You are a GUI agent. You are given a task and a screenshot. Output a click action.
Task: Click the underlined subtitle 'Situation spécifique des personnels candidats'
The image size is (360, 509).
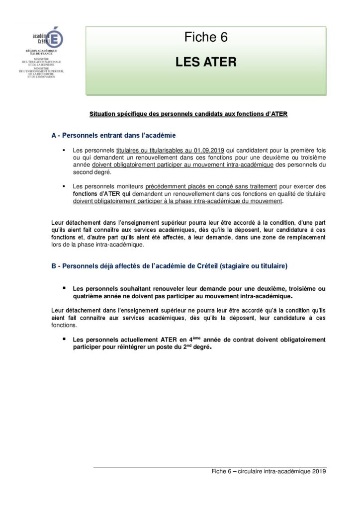click(x=188, y=114)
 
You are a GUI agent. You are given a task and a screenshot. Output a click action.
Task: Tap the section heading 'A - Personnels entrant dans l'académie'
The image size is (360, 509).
click(x=113, y=135)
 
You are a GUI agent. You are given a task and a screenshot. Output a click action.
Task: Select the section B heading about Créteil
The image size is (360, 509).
click(x=169, y=266)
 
